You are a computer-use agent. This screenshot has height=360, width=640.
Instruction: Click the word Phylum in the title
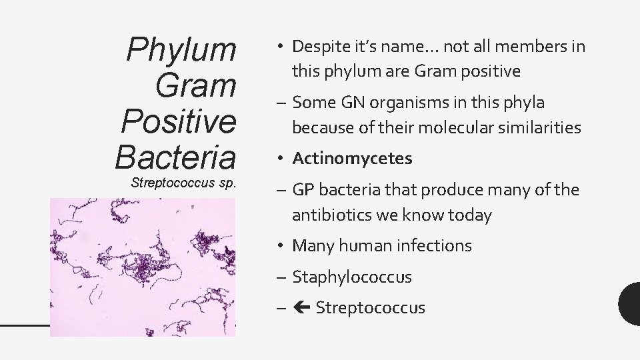[x=181, y=50]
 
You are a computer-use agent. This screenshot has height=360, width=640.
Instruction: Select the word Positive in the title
[x=178, y=121]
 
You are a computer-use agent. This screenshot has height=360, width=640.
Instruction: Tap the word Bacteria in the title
[x=175, y=157]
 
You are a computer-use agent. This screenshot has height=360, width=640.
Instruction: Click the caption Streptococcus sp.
[x=183, y=183]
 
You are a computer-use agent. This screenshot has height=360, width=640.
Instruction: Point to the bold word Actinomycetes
[x=352, y=159]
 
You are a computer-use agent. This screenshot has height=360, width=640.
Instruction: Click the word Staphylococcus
[x=352, y=277]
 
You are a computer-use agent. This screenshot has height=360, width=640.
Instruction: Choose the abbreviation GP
[x=304, y=191]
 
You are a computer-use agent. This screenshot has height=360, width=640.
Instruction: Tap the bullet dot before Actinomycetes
[x=282, y=159]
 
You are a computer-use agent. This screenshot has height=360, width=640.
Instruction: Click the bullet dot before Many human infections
[x=282, y=246]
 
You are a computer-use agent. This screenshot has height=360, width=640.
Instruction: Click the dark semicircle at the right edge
[x=630, y=303]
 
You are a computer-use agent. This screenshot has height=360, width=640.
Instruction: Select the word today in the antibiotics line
[x=491, y=215]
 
